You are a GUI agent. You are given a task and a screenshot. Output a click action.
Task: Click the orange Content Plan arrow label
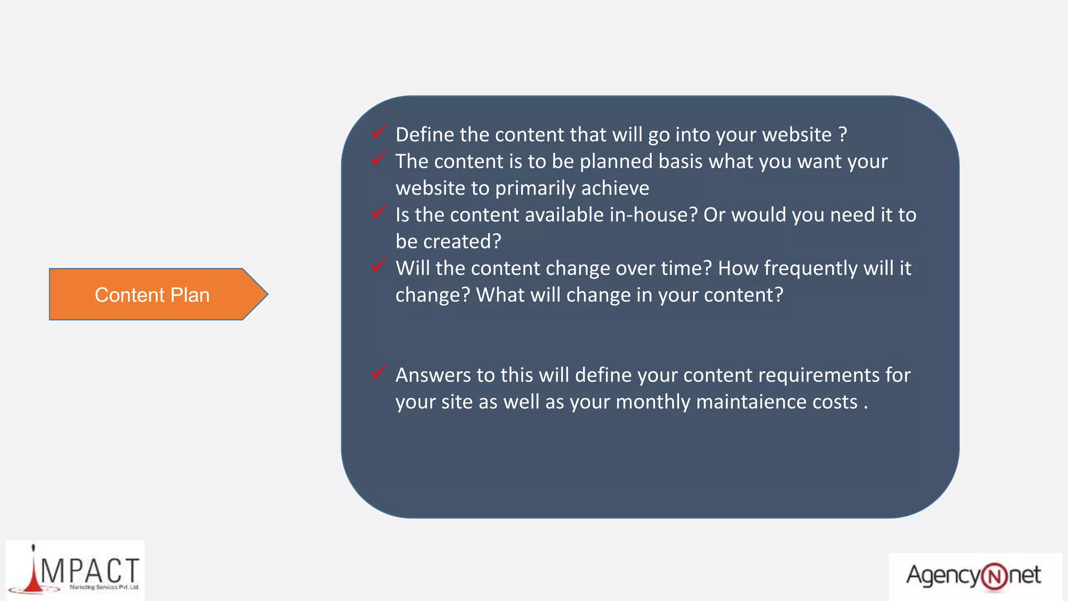click(152, 295)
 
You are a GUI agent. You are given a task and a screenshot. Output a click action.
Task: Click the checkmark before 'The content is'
click(379, 159)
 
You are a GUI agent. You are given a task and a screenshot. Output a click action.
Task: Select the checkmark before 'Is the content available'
click(379, 212)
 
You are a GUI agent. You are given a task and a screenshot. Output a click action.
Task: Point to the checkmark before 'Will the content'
click(379, 266)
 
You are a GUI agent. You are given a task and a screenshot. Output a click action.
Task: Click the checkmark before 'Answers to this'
click(379, 372)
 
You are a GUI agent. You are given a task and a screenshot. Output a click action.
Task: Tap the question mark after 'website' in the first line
click(843, 135)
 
